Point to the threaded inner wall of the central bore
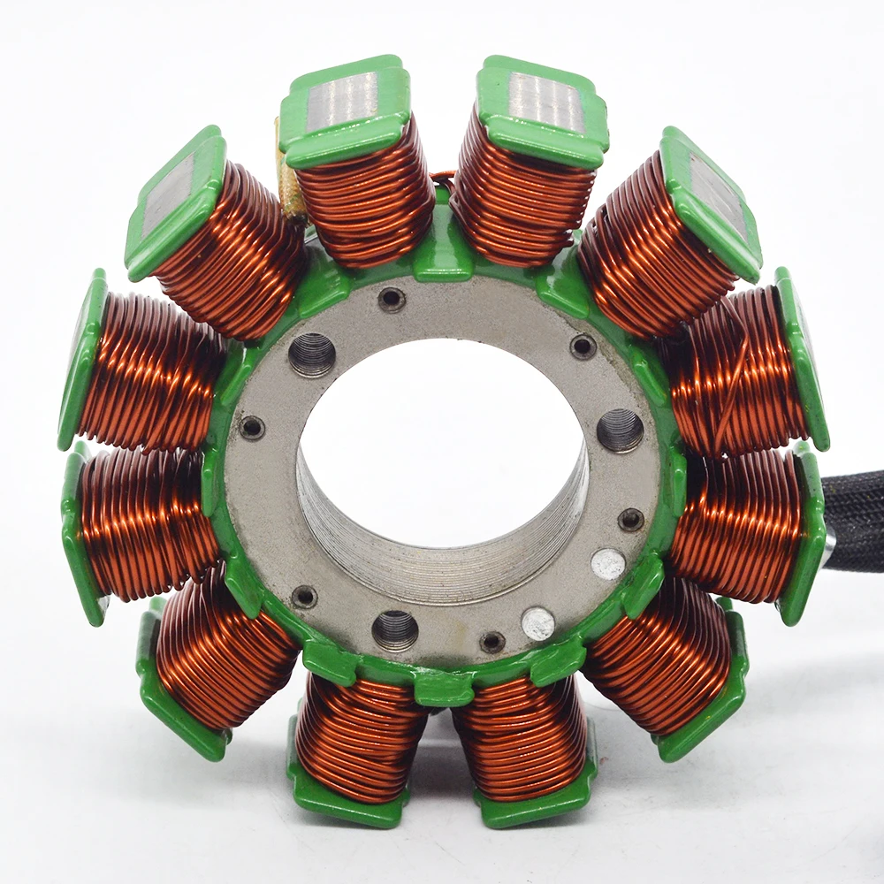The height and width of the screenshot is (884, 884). click(442, 548)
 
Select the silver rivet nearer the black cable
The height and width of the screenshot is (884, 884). click(607, 563)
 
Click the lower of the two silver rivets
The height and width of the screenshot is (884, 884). click(537, 622)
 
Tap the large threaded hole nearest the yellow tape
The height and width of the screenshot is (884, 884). click(312, 354)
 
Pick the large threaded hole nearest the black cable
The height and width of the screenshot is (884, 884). click(620, 431)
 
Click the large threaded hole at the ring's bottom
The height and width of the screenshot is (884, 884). click(394, 630)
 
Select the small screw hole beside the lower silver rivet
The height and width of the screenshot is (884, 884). click(492, 642)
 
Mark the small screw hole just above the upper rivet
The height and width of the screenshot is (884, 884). click(630, 520)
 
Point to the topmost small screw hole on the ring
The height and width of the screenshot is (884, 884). click(391, 300)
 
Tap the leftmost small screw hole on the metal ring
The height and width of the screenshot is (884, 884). click(252, 428)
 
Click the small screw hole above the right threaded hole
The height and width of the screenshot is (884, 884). click(583, 346)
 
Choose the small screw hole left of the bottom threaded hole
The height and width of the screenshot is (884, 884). click(304, 597)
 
